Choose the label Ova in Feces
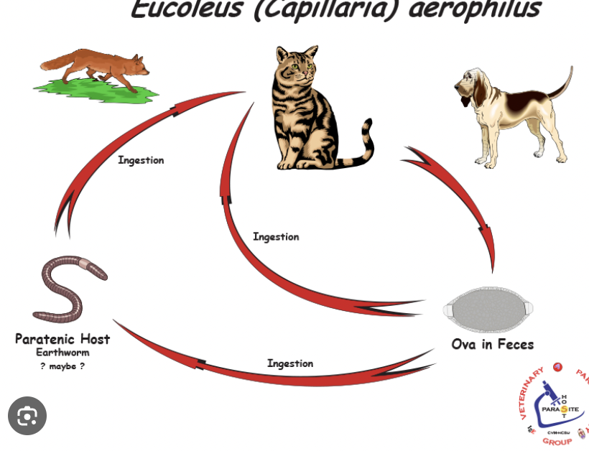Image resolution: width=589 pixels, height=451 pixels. (x=492, y=345)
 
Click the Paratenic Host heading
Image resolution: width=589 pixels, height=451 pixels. (x=62, y=339)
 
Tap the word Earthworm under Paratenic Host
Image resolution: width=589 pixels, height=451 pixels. (x=62, y=353)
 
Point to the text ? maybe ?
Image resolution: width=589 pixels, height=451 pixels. (x=62, y=366)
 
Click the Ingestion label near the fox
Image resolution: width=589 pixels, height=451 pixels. (x=141, y=160)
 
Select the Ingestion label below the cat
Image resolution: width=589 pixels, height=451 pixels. (x=276, y=237)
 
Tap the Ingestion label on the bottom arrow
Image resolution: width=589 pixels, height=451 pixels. (x=290, y=363)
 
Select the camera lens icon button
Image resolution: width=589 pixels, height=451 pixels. (x=27, y=416)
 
